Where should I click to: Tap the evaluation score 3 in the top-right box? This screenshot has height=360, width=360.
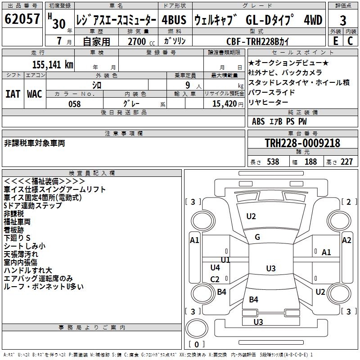[343, 20]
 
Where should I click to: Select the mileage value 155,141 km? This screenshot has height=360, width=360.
[52, 64]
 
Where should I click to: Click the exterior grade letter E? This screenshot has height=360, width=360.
[335, 41]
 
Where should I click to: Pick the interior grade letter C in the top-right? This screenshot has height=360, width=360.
[350, 41]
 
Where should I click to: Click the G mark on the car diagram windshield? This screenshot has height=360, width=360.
[257, 237]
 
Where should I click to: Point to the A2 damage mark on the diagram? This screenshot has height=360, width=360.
[346, 240]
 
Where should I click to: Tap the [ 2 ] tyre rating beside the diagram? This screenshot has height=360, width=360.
[349, 202]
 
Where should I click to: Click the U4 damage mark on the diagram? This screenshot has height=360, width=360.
[215, 268]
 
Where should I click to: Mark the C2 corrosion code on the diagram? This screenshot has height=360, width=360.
[215, 279]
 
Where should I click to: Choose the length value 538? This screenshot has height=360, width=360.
[271, 162]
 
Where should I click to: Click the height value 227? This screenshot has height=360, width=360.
[346, 162]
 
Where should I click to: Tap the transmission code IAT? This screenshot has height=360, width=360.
[13, 94]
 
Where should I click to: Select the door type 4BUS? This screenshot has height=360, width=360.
[173, 20]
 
